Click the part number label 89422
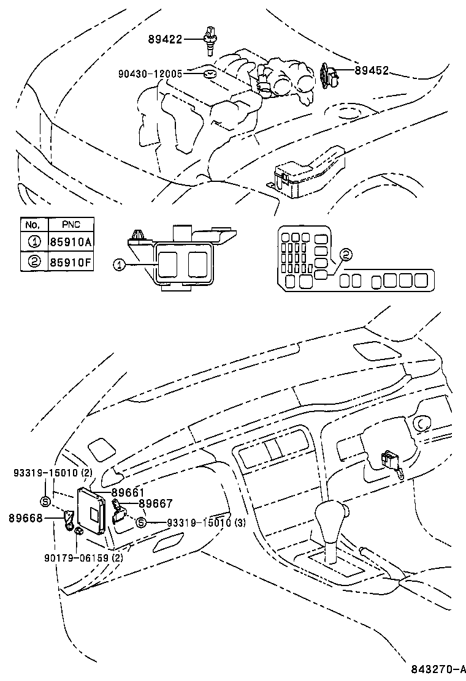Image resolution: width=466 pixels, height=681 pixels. (164, 39)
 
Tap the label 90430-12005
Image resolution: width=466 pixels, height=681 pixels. (150, 73)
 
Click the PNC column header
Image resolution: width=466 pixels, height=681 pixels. (71, 224)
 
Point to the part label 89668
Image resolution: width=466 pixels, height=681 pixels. (25, 518)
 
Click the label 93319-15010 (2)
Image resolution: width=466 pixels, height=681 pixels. (53, 473)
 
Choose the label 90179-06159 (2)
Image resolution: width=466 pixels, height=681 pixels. (83, 557)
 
